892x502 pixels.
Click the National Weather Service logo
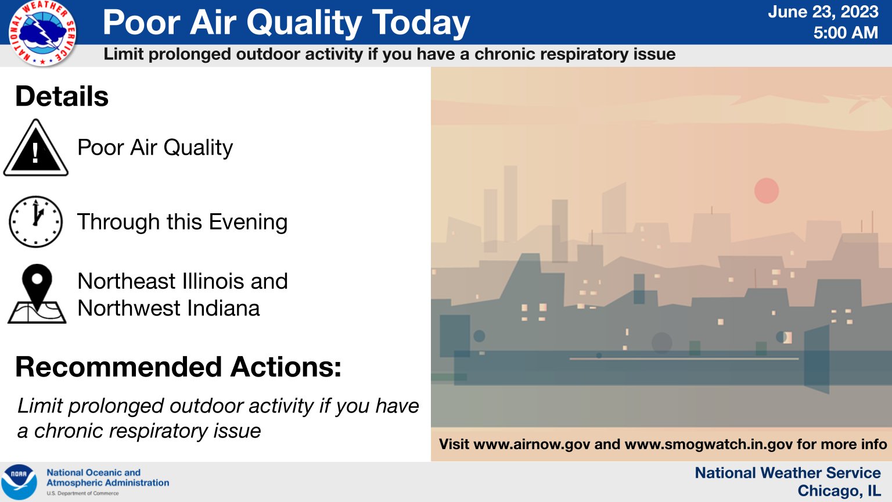click(42, 33)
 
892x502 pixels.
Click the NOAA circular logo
click(19, 482)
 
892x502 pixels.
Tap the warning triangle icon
click(36, 149)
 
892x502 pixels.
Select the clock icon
click(36, 222)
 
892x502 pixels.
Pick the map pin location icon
click(37, 294)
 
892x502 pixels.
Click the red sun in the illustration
click(766, 191)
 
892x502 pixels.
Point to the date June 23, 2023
click(823, 12)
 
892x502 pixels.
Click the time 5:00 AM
click(845, 33)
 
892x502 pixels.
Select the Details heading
click(62, 96)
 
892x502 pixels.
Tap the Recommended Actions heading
click(178, 367)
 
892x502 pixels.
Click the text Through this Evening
click(182, 222)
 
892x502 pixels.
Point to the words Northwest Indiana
click(168, 308)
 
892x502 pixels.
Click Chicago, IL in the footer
click(839, 491)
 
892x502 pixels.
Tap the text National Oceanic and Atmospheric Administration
click(107, 478)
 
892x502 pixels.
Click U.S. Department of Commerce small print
click(82, 493)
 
